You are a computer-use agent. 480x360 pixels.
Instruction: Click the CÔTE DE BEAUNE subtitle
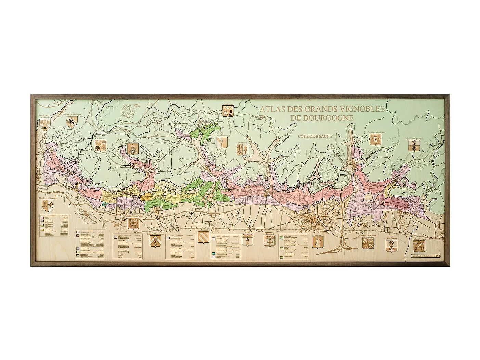pos(315,136)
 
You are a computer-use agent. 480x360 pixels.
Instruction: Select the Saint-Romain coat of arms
pos(228,111)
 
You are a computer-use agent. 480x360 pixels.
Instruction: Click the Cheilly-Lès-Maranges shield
pos(47,206)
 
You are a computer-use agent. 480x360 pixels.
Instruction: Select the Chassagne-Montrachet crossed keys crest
pos(133,223)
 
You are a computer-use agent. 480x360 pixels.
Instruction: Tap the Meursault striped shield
pos(203,237)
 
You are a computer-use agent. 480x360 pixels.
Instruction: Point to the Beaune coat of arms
pos(317,242)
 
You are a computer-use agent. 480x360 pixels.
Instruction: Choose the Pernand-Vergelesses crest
pos(414,145)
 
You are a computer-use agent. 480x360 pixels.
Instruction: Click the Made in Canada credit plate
pos(424,256)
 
